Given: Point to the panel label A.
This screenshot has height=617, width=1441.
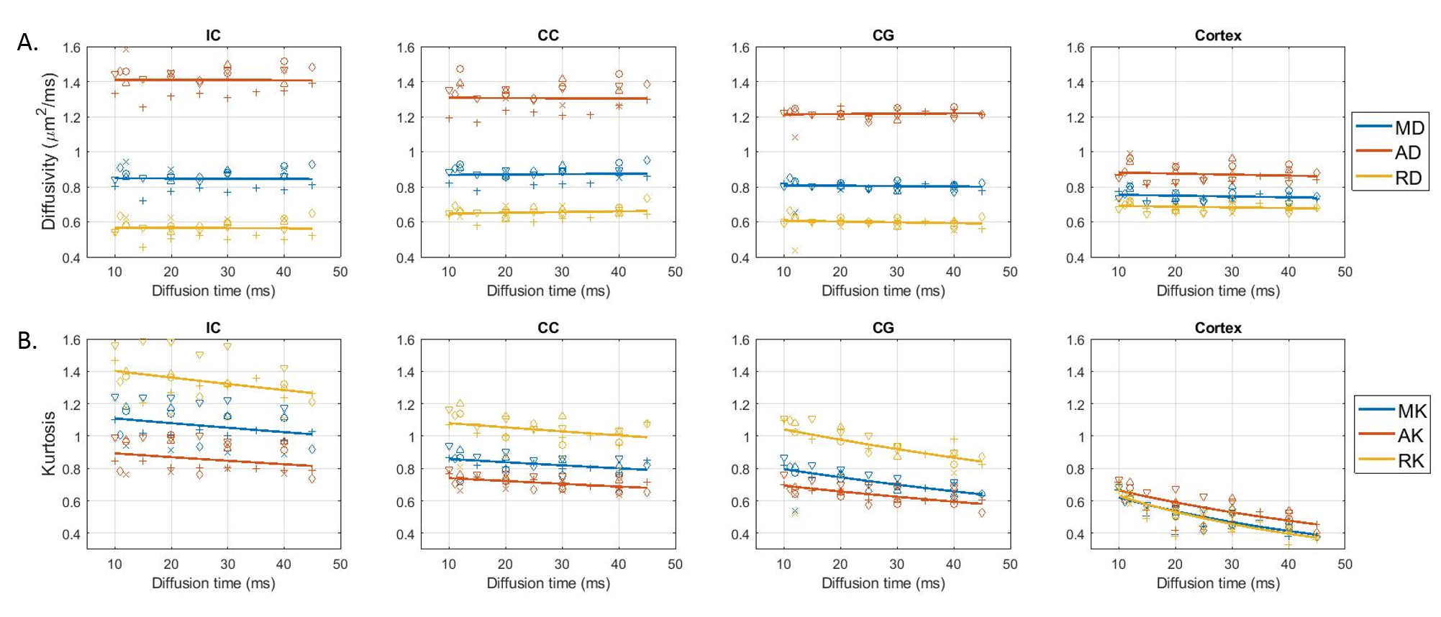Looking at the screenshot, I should coord(27,43).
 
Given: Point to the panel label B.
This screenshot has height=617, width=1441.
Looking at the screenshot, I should coord(27,341).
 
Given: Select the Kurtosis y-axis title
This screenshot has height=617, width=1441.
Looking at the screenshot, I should coord(48,444).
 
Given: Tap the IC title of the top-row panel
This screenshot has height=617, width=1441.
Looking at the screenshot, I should coord(213,35).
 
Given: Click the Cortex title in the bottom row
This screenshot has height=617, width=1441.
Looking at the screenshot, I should coord(1217,328).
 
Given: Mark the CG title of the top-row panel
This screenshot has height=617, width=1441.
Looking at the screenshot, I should coord(883,35).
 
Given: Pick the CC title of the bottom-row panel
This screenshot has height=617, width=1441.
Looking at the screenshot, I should coord(547,328).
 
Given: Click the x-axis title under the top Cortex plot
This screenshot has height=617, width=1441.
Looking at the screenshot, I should coord(1217,291).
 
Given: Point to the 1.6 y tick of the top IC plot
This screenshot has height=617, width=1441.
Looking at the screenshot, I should coord(71,48).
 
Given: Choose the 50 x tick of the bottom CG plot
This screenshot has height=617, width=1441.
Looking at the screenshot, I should coord(1009,565).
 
